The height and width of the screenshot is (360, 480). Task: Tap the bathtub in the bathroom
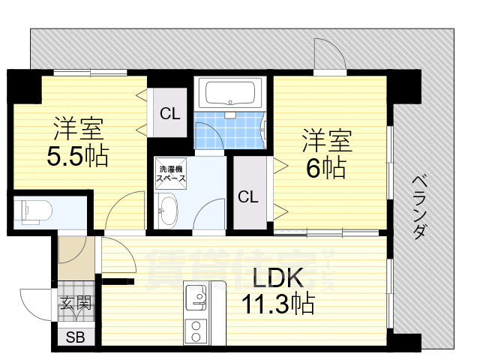click(x=231, y=93)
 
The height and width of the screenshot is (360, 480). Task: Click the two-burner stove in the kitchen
click(x=196, y=330)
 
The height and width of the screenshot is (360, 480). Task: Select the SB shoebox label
click(x=75, y=337)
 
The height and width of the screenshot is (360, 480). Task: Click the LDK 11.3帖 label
click(x=277, y=292)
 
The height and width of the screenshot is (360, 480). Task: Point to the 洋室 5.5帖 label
click(x=79, y=142)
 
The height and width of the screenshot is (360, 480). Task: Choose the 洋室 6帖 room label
click(x=327, y=154)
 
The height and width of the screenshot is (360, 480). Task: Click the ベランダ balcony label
click(x=421, y=206)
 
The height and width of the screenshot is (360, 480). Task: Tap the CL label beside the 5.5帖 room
click(x=170, y=114)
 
